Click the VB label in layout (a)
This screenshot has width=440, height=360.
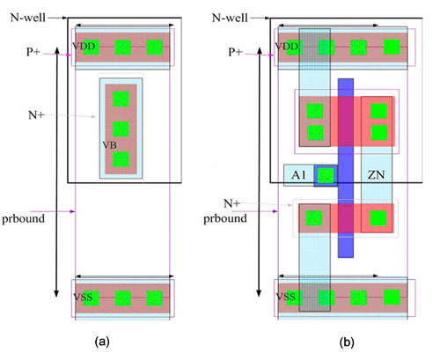[109, 145]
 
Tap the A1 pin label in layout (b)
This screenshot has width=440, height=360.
[298, 175]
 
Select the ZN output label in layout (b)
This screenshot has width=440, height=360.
[376, 175]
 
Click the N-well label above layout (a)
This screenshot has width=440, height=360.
[28, 18]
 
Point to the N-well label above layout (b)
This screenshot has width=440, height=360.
[230, 18]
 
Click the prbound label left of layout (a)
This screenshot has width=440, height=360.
[23, 219]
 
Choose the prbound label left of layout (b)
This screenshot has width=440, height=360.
[225, 218]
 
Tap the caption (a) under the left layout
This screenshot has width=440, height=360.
[102, 342]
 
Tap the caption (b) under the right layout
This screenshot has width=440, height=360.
[347, 342]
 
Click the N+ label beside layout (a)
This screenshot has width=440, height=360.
[36, 115]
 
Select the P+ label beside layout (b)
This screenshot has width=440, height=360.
[236, 52]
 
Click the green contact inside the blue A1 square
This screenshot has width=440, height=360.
[326, 175]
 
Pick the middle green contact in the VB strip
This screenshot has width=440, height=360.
[121, 129]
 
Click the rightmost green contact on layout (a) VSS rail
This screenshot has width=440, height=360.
[155, 298]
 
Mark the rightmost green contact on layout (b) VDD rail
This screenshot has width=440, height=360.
[392, 47]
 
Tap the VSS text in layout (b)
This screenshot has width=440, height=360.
[286, 297]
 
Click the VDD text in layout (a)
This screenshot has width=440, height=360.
[84, 47]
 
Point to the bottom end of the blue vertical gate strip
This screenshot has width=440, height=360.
[346, 257]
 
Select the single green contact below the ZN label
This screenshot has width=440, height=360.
[378, 218]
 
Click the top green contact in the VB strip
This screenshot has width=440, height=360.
[121, 99]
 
